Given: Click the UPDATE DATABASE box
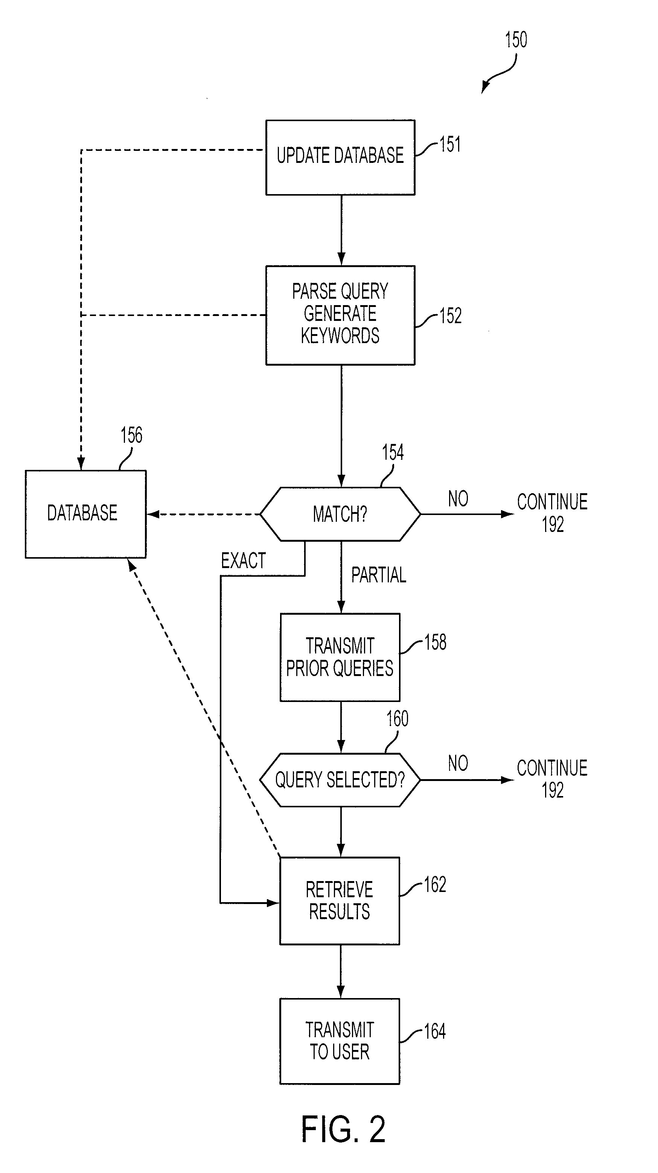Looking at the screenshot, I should (340, 157).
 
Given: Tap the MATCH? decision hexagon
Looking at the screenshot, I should (340, 514).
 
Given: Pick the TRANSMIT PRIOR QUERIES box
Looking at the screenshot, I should (340, 657).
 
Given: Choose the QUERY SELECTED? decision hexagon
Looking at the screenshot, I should (340, 780).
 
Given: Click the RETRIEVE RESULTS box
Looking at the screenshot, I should (340, 901).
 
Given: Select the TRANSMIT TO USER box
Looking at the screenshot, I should (340, 1041).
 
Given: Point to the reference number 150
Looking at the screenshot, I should (516, 40).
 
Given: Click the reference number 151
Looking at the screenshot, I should (450, 145).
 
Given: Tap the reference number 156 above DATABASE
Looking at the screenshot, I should (131, 435).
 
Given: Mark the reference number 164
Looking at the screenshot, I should (435, 1032).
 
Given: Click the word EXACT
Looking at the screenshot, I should (243, 561).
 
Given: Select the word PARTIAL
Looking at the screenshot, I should (379, 575).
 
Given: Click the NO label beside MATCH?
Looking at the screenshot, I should (458, 499).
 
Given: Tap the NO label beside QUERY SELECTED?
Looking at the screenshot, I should (458, 763).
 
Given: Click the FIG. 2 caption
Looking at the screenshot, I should (343, 1130).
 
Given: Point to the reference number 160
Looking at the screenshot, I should (398, 719).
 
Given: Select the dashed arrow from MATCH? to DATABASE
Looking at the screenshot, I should (203, 515).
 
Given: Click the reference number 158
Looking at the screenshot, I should (435, 643).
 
